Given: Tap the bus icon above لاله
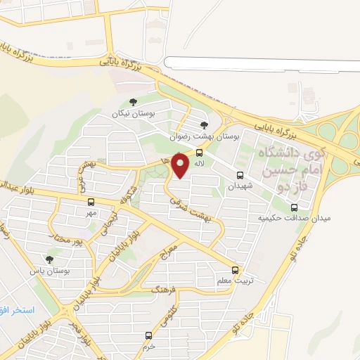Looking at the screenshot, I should point(200,153).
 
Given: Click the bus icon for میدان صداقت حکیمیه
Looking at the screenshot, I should point(294,207).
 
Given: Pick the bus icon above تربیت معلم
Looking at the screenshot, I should point(235,270).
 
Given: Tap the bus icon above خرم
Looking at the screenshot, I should point(148,335).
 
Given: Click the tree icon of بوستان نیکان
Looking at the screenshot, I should point(134,103).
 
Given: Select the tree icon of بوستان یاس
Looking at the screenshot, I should point(49,259).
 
